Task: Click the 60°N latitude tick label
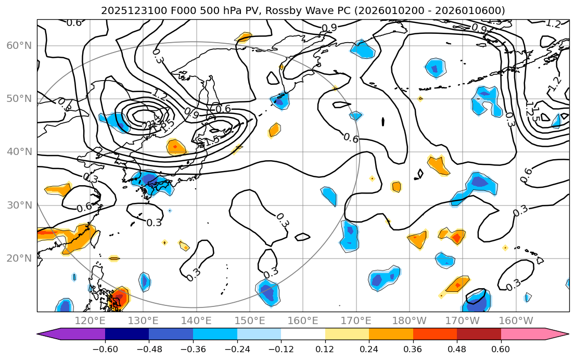[x=19, y=45]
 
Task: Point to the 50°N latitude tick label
[x=19, y=99]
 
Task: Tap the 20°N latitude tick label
[x=19, y=259]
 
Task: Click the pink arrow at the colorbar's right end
[x=557, y=334]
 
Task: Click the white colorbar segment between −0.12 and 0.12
[x=303, y=334]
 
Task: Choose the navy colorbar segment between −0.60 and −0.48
[x=127, y=334]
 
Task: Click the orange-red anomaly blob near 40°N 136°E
[x=176, y=147]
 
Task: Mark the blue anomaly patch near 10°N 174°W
[x=477, y=302]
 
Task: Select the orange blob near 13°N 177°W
[x=457, y=284]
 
